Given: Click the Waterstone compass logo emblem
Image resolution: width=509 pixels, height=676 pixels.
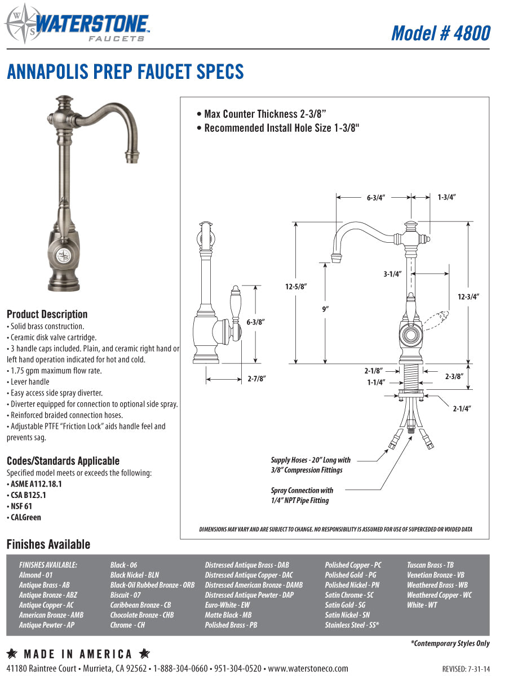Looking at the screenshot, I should (x=19, y=24).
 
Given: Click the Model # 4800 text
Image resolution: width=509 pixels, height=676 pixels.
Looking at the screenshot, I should (x=441, y=33).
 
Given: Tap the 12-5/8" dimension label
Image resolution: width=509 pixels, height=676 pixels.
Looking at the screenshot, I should (x=295, y=286).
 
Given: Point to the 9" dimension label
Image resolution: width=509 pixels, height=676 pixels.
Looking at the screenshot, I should (x=325, y=309).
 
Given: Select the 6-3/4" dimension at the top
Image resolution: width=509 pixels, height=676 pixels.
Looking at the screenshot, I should (x=375, y=198).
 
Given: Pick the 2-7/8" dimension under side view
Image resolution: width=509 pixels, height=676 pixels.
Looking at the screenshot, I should (x=256, y=379).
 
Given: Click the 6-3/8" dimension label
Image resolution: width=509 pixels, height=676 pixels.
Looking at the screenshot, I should (x=255, y=322).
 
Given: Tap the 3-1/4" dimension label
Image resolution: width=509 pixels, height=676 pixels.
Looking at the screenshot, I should (x=392, y=274).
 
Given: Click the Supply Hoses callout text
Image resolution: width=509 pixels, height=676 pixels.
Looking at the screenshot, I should (x=310, y=465).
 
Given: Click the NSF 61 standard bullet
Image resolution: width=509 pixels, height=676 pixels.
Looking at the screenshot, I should (x=21, y=506).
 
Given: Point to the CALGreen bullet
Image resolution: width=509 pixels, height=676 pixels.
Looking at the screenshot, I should (x=25, y=517).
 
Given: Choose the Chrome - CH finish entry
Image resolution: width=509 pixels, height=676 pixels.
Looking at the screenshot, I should (x=127, y=625).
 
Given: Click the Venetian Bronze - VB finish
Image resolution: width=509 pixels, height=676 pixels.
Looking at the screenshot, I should (x=435, y=575).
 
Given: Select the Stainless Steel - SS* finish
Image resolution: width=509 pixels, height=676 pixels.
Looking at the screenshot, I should (x=352, y=625).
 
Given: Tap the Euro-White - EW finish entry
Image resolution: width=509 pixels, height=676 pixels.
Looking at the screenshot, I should (x=227, y=605).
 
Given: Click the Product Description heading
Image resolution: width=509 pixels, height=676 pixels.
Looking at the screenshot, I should (x=47, y=314).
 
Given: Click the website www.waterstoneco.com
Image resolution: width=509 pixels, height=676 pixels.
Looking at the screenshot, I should (x=308, y=669).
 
